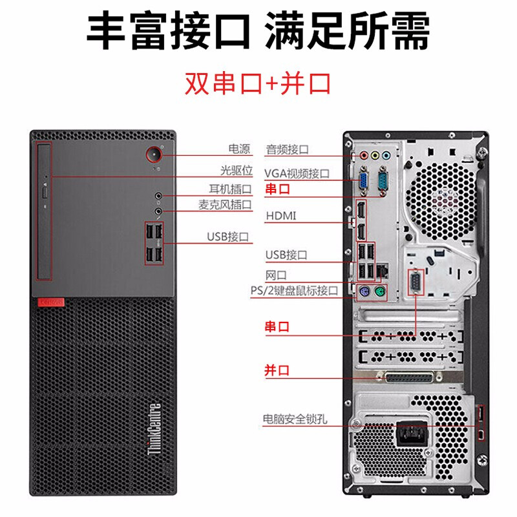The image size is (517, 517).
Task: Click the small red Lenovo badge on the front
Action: click(48, 301)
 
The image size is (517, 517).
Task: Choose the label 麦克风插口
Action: click(224, 205)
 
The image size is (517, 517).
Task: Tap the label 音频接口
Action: click(288, 149)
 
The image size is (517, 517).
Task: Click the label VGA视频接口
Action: click(297, 173)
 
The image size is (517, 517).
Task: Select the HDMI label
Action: click(280, 215)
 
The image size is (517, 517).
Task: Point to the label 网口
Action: click(275, 275)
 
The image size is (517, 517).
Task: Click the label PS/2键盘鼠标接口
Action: click(294, 291)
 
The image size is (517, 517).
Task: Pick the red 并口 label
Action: click(277, 370)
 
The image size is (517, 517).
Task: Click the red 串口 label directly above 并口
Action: click(277, 326)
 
